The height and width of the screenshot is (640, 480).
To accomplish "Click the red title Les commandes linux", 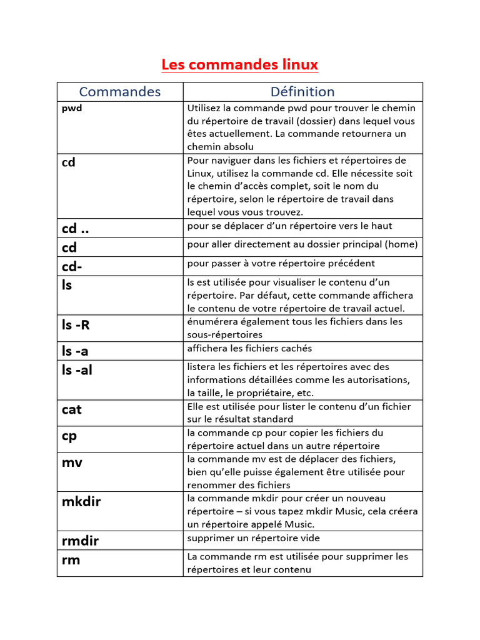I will tap(240, 64).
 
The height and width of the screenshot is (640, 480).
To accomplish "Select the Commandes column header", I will tap(120, 92).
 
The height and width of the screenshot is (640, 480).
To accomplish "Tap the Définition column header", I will tap(302, 92).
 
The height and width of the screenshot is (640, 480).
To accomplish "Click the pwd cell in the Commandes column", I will tap(72, 108).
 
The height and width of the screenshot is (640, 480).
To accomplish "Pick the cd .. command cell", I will tap(75, 229).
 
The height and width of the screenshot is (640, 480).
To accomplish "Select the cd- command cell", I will tap(72, 266).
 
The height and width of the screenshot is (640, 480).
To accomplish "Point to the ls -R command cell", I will tap(76, 325).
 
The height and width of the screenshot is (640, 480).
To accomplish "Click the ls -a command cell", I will tap(75, 351).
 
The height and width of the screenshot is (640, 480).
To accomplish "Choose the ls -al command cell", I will tap(77, 370).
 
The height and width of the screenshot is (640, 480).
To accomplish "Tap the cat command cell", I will tap(72, 409).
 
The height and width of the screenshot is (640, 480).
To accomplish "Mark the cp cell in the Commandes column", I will tap(69, 436).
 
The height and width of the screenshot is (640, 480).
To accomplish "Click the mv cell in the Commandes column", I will tap(72, 462).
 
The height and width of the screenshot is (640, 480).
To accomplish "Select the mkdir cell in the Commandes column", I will tap(81, 502).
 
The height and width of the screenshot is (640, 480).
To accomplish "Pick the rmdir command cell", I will tap(80, 541).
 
